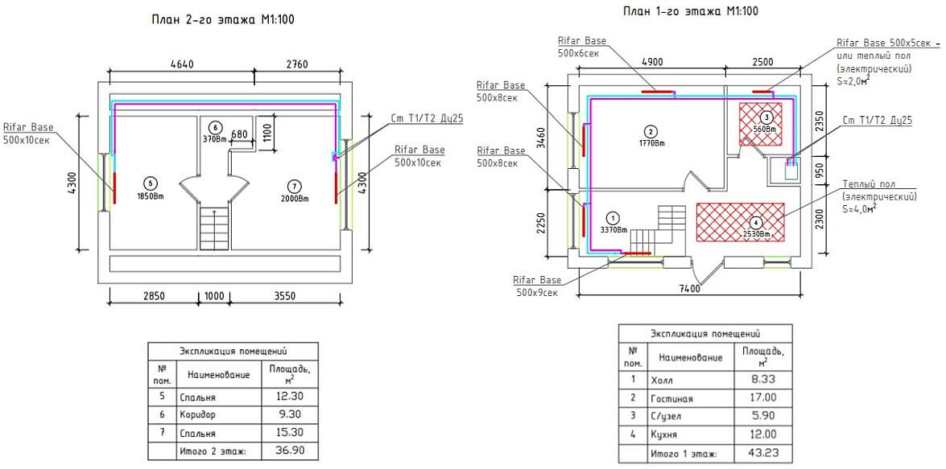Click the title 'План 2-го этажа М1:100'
[x=224, y=19]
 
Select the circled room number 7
[x=295, y=186]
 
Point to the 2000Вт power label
[x=294, y=199]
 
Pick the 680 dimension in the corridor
[x=239, y=134]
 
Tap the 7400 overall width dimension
[x=690, y=289]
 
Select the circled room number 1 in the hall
[x=613, y=218]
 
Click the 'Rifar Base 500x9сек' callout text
[x=537, y=286]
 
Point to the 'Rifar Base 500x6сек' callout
[x=582, y=47]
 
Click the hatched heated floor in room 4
[x=741, y=222]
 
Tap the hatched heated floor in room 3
[x=761, y=124]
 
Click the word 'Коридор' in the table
[x=197, y=415]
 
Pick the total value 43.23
[x=762, y=454]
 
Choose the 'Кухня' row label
[x=664, y=434]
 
